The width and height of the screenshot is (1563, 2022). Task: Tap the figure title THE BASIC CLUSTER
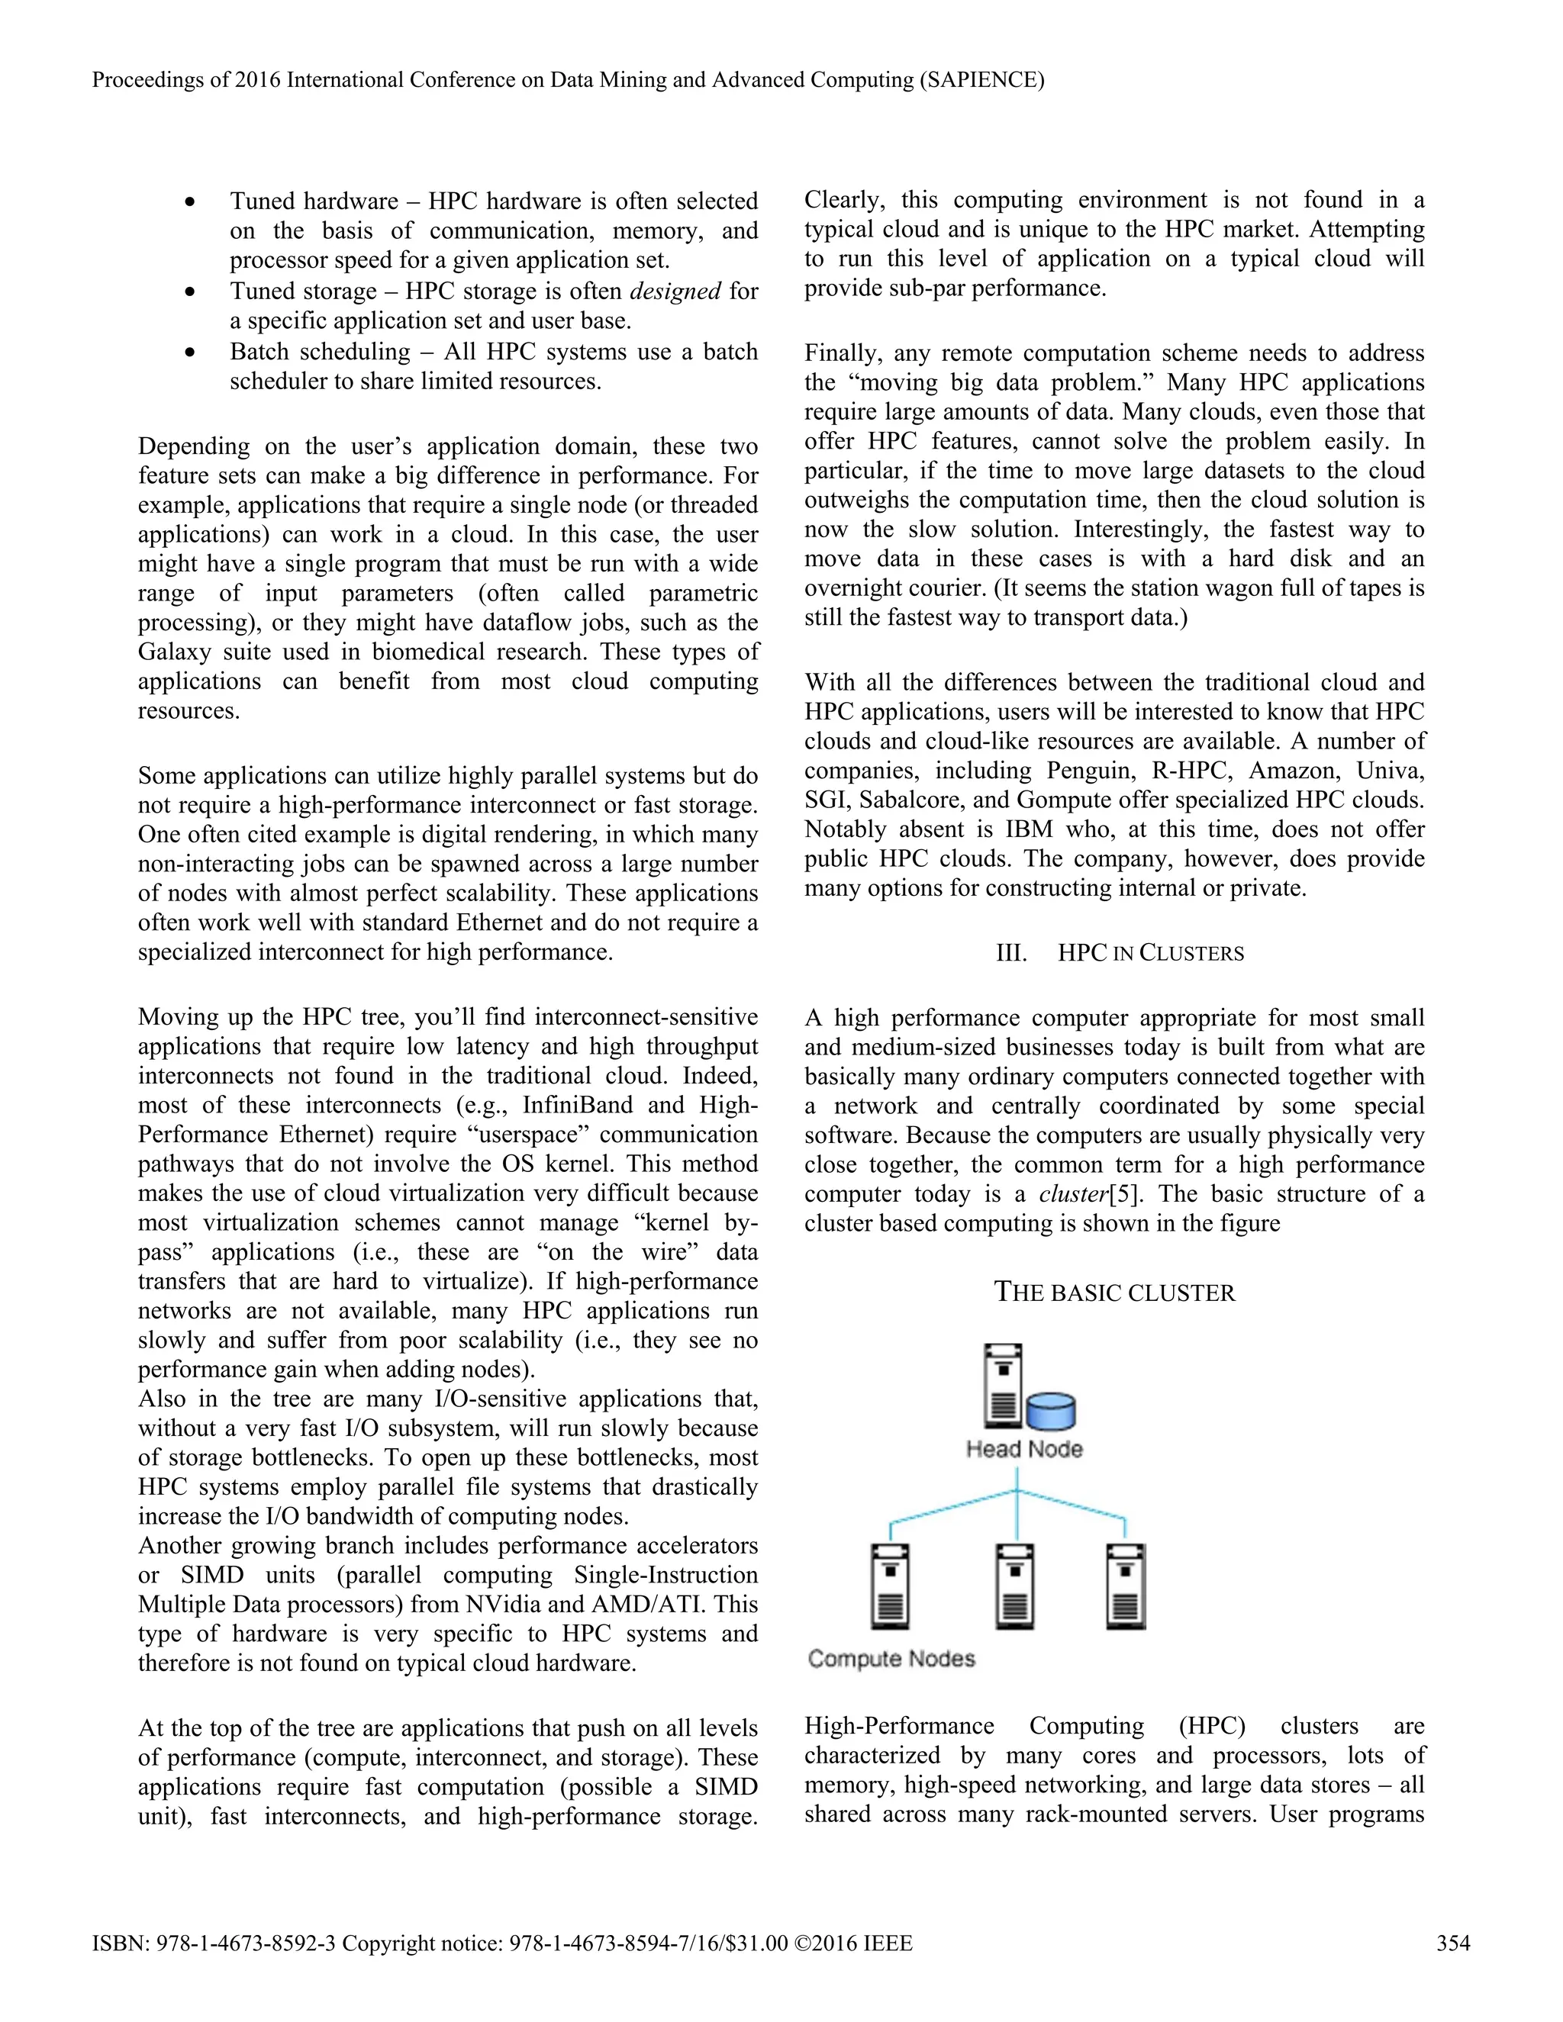pyautogui.click(x=1114, y=1293)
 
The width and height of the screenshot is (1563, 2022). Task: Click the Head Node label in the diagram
pyautogui.click(x=1024, y=1449)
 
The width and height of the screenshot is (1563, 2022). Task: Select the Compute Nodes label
pyautogui.click(x=891, y=1658)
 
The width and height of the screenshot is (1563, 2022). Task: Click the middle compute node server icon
pyautogui.click(x=1016, y=1586)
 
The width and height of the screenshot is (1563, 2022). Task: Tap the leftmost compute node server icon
pyautogui.click(x=890, y=1586)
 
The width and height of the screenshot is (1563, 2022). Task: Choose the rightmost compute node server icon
pyautogui.click(x=1126, y=1586)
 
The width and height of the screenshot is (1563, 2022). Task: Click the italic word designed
pyautogui.click(x=675, y=291)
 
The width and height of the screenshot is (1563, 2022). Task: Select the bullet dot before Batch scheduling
pyautogui.click(x=190, y=353)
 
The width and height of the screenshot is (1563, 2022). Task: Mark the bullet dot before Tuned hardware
pyautogui.click(x=190, y=202)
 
